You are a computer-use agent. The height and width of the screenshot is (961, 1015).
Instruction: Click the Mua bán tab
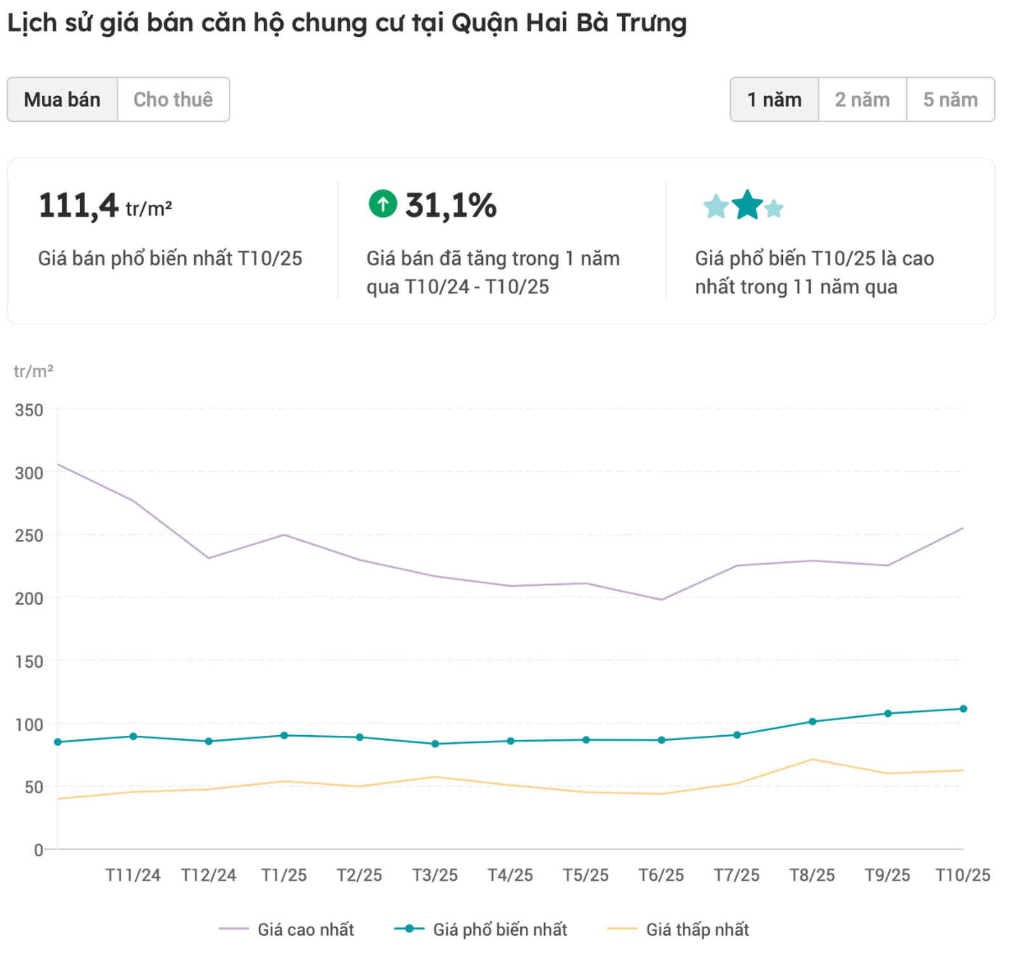pos(62,100)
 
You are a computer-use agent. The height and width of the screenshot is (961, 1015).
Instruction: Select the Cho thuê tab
pos(173,100)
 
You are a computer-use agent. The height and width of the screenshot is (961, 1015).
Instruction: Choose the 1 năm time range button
pos(774,100)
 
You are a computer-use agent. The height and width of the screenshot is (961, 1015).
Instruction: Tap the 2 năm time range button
pos(862,100)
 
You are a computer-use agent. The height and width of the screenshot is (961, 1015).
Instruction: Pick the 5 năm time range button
pos(950,100)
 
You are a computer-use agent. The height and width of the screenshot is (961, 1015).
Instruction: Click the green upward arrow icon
pos(383,204)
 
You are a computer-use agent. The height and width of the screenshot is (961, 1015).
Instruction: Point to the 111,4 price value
pos(79,206)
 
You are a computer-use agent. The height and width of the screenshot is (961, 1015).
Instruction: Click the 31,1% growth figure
pos(451,206)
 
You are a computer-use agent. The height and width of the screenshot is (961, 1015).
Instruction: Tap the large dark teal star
pos(747,205)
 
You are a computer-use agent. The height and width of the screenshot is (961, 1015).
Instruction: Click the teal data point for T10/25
pos(963,709)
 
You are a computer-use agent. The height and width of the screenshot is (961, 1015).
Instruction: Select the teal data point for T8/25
pos(812,721)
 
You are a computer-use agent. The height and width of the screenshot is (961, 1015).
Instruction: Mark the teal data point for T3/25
pos(435,743)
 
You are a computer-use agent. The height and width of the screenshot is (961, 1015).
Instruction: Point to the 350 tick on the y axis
pos(29,410)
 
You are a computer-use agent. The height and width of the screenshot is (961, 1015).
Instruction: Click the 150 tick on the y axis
pos(29,662)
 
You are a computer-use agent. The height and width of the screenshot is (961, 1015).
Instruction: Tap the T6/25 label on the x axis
pos(661,875)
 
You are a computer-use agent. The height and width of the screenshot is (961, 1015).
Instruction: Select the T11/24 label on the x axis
pos(133,875)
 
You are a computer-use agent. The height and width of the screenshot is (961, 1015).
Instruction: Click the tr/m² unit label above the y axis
pos(33,371)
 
